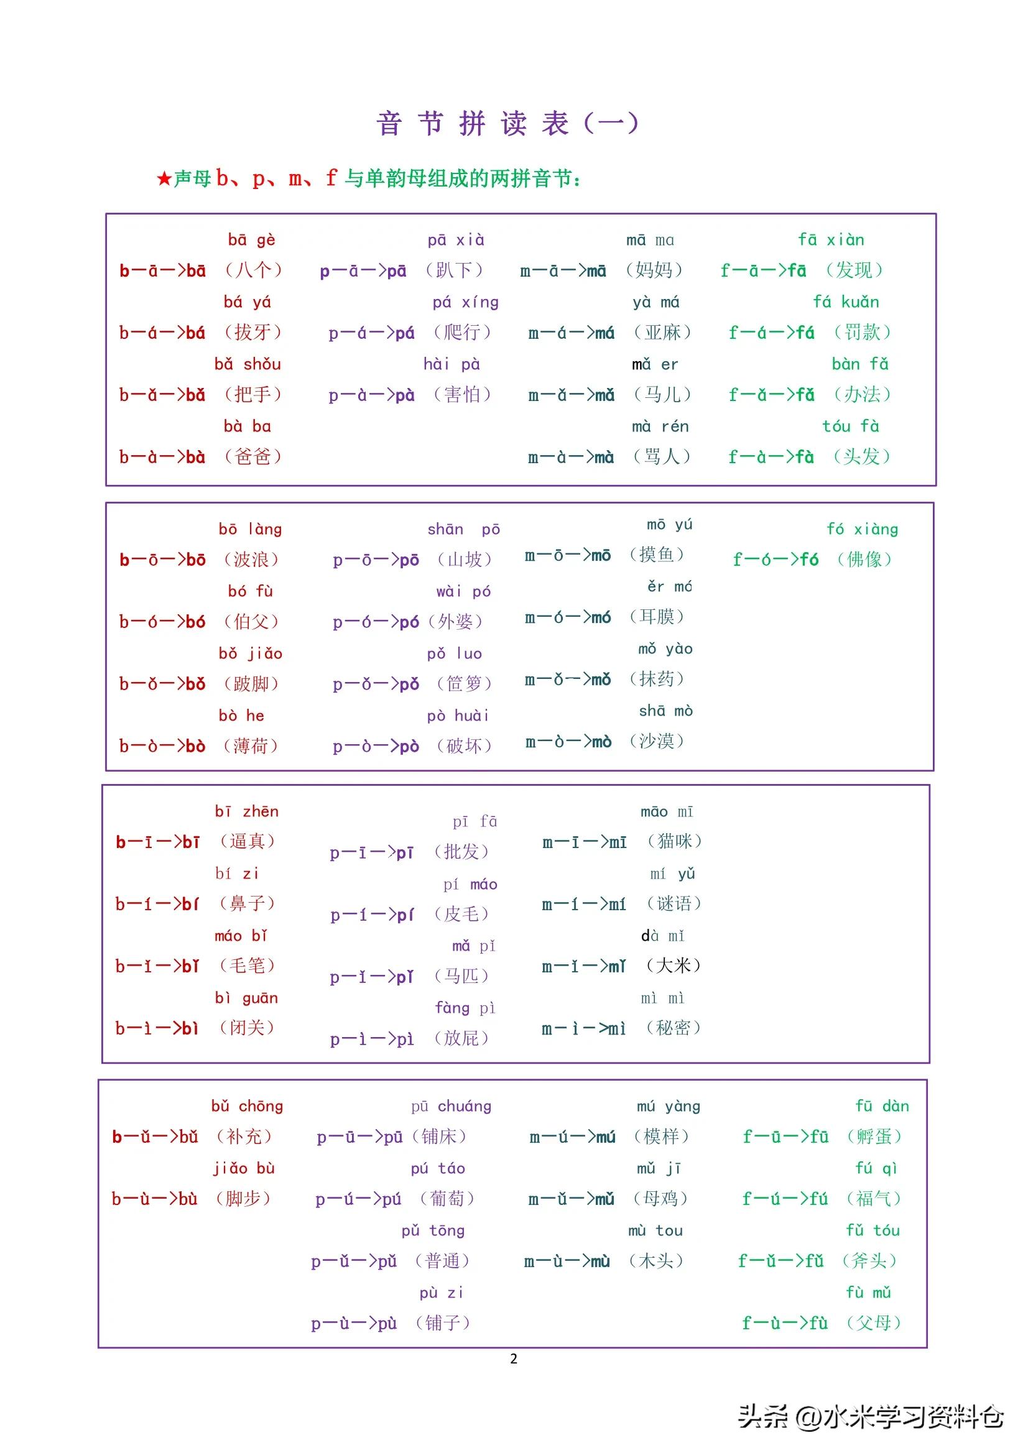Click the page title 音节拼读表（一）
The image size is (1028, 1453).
(x=507, y=122)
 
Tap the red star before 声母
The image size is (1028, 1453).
(x=164, y=179)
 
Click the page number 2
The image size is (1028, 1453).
(x=513, y=1358)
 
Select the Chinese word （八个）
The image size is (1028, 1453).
(x=253, y=270)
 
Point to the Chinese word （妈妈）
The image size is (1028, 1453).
(x=654, y=270)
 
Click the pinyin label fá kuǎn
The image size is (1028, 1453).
(x=846, y=302)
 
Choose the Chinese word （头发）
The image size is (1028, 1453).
(x=861, y=456)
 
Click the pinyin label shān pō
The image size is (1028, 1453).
(x=463, y=529)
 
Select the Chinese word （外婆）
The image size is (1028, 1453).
(x=455, y=622)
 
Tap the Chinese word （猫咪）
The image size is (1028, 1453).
(x=674, y=841)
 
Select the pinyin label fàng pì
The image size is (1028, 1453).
(x=465, y=1007)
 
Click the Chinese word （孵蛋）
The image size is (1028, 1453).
(x=874, y=1137)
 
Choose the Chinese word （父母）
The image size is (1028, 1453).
(x=874, y=1322)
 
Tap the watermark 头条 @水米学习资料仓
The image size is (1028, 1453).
(x=871, y=1416)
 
